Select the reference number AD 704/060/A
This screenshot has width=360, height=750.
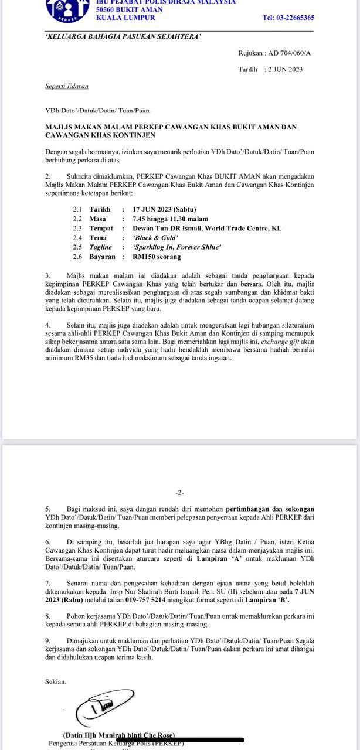coord(290,53)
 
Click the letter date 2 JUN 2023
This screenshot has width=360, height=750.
coord(285,69)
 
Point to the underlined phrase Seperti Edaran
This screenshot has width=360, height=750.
coord(67,86)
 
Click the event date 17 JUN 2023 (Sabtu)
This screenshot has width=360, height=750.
coord(164,209)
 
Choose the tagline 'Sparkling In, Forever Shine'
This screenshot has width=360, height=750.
coord(176,247)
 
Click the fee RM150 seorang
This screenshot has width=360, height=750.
coord(157,257)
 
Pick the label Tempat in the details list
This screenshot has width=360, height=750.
coord(101,229)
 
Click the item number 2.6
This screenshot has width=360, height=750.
coord(77,257)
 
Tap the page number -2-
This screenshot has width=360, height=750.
coord(180,493)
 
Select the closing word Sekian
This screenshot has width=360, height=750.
coord(56,681)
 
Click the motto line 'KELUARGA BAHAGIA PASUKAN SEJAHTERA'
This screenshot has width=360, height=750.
coord(123,36)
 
